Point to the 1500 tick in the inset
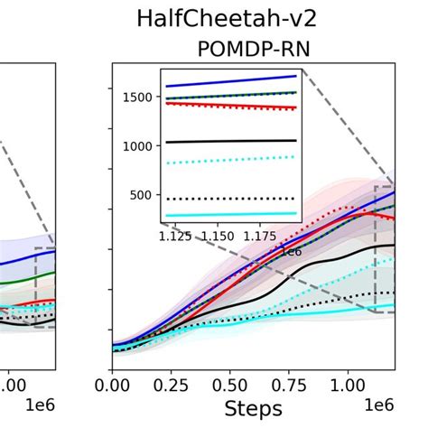pos(140,98)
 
